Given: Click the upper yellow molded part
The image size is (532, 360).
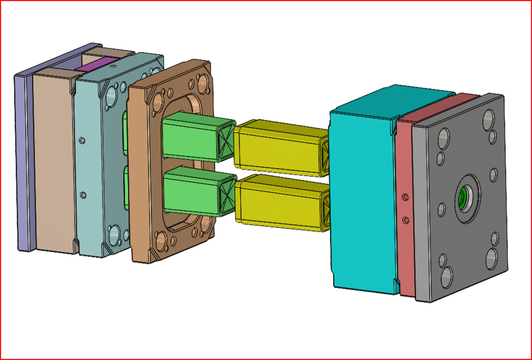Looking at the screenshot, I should (x=279, y=147).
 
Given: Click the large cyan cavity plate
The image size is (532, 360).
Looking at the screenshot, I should (x=360, y=197).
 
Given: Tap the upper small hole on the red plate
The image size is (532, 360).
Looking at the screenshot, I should (x=405, y=197).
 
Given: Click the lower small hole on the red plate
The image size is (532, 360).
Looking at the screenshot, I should (x=405, y=218).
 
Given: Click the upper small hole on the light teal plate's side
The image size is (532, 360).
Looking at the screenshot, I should (x=83, y=138).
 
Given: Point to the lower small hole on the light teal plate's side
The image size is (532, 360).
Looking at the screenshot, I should (x=83, y=195).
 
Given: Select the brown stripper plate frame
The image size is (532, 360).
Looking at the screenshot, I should (x=144, y=169).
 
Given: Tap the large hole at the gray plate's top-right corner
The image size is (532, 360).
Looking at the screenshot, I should (x=488, y=118).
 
